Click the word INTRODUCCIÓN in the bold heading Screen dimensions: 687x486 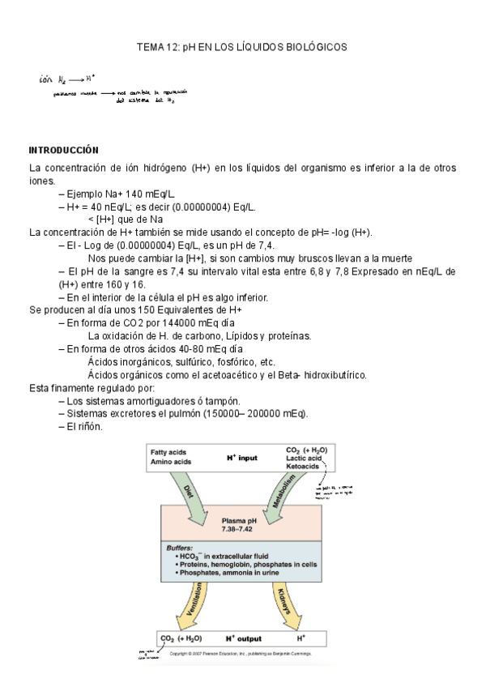[x=63, y=150]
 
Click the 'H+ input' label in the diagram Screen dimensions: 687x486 [x=241, y=458]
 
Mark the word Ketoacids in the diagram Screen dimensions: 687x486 [x=303, y=467]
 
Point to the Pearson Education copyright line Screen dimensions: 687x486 [x=243, y=652]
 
